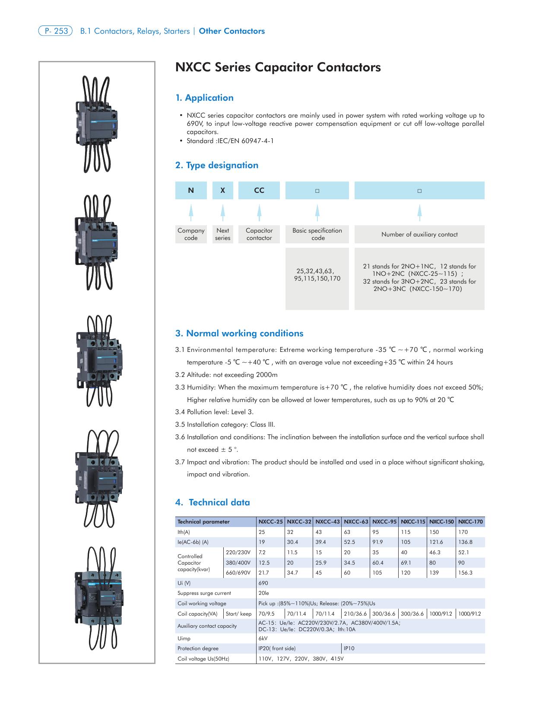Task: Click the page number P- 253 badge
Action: pos(56,31)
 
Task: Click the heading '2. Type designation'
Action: pos(216,165)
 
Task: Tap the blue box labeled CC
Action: pos(259,190)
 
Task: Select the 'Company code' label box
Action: pos(191,234)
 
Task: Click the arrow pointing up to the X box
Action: pos(222,212)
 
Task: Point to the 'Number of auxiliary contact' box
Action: pos(419,234)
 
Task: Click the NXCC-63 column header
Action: pos(356,522)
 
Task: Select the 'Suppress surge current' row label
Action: pos(204,593)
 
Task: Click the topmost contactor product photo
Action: pos(97,124)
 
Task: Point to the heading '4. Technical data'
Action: pos(212,502)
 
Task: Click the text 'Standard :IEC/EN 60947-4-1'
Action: pos(230,141)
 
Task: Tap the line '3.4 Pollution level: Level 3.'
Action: pos(215,412)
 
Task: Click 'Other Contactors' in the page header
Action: pos(232,31)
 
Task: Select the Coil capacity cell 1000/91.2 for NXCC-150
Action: pos(441,614)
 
